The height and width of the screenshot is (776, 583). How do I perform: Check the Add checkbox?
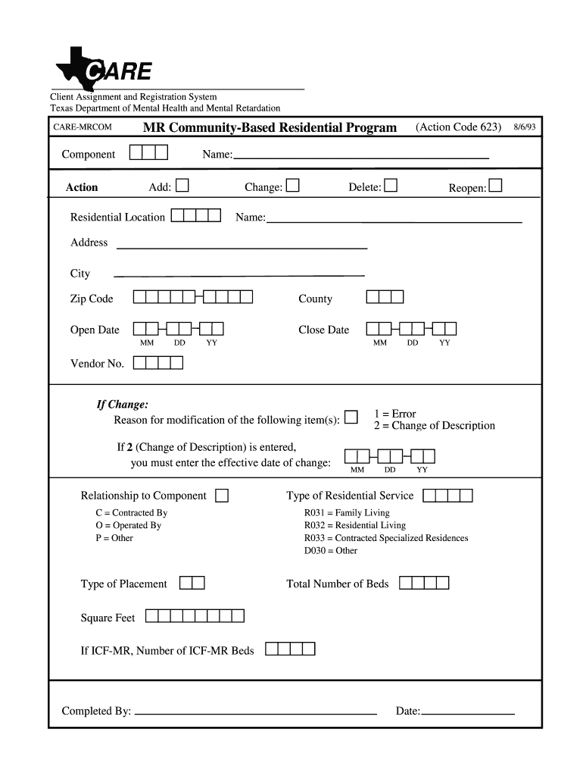pyautogui.click(x=182, y=186)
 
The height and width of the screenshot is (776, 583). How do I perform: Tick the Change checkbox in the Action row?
pyautogui.click(x=292, y=186)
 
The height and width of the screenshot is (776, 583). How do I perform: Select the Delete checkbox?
pyautogui.click(x=390, y=186)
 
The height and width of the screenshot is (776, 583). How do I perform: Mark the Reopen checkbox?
pyautogui.click(x=495, y=186)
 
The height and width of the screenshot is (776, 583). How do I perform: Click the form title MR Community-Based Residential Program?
pyautogui.click(x=270, y=127)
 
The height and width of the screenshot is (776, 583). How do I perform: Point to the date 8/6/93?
pyautogui.click(x=524, y=127)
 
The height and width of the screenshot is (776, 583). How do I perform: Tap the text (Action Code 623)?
pyautogui.click(x=458, y=127)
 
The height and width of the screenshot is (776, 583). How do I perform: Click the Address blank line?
pyautogui.click(x=241, y=247)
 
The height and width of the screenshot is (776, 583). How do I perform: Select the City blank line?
pyautogui.click(x=238, y=274)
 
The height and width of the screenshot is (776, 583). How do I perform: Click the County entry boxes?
pyautogui.click(x=385, y=298)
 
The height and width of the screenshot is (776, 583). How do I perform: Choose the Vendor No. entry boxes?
pyautogui.click(x=158, y=363)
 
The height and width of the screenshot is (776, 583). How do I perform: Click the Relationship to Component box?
pyautogui.click(x=222, y=496)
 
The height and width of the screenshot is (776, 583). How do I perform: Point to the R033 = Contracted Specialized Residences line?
pyautogui.click(x=386, y=538)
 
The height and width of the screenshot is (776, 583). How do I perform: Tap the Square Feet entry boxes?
pyautogui.click(x=195, y=617)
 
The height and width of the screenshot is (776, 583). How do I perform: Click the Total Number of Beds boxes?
pyautogui.click(x=424, y=583)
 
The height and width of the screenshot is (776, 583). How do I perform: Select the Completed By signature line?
pyautogui.click(x=255, y=712)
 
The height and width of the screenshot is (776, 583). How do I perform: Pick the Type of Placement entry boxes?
pyautogui.click(x=192, y=583)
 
